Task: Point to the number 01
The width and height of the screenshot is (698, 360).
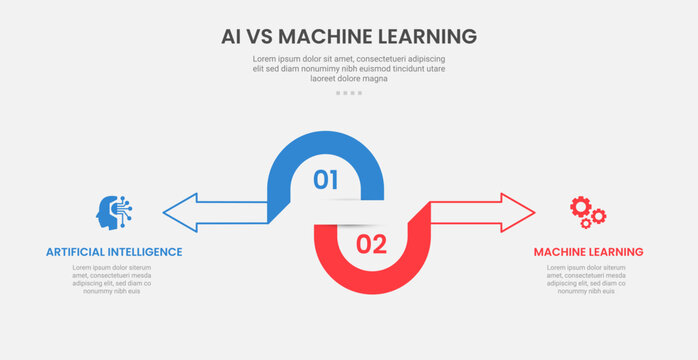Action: point(326,180)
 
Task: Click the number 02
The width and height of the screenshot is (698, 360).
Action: point(371,244)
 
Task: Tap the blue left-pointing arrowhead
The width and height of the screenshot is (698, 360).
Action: point(180,212)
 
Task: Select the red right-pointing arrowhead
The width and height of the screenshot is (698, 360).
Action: point(518,212)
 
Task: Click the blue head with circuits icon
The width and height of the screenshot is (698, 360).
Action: point(114,212)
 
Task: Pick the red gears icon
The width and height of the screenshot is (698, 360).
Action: point(587,211)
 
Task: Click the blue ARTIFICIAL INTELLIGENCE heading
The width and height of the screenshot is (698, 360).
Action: point(114,252)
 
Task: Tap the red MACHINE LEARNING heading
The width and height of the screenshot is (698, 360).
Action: point(588,252)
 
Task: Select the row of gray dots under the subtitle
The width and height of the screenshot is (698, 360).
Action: point(349,93)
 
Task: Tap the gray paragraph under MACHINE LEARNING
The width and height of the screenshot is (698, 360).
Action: point(588,280)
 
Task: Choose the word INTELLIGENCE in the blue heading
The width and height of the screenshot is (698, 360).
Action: point(146,252)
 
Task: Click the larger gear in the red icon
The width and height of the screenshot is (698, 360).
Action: point(581,207)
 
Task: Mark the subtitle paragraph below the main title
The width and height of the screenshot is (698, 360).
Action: point(349,68)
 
